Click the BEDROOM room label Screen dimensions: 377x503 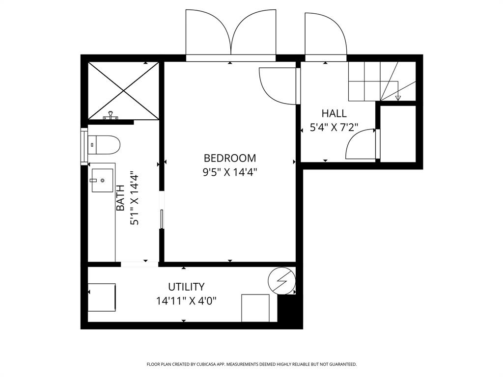tap(230, 158)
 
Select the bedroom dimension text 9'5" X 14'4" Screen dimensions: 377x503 tap(230, 172)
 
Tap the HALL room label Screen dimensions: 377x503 tap(334, 113)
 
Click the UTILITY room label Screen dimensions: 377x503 tap(186, 287)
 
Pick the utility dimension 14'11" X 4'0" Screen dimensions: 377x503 tap(186, 300)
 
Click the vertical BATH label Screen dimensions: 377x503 tap(120, 198)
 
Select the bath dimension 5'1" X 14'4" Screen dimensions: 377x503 tap(134, 198)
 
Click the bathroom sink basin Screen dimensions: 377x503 tap(102, 181)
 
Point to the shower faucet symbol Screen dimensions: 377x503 tap(112, 116)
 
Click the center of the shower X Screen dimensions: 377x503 tap(123, 90)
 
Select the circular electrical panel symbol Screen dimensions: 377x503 tap(281, 281)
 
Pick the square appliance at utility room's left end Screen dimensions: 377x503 tap(102, 297)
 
